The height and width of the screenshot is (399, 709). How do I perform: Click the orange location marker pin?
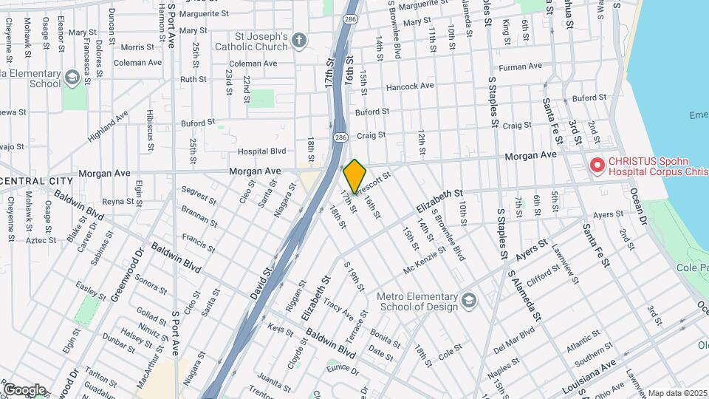point(354,176)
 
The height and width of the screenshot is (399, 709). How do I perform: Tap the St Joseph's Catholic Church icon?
point(298,39)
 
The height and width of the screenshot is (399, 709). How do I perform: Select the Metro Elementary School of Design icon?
point(469,300)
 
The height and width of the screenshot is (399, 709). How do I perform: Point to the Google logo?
point(24,389)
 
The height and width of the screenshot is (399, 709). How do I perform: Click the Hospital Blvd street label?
point(261,151)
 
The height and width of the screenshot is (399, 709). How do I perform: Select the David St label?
point(261,283)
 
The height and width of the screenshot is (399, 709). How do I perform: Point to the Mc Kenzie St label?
point(425,259)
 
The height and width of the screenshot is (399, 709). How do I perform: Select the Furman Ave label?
point(521,67)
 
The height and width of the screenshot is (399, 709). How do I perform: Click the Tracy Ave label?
point(339,305)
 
